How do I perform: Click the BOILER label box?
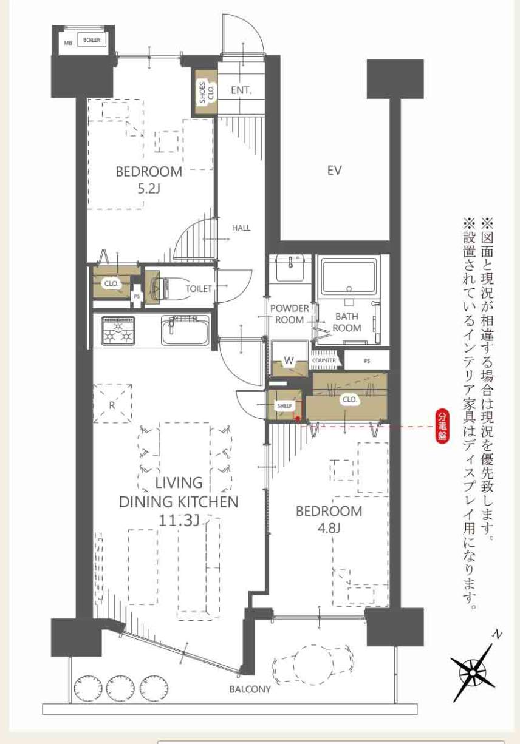pyautogui.click(x=92, y=40)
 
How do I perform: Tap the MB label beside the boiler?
pyautogui.click(x=68, y=42)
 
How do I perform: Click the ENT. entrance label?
pyautogui.click(x=241, y=90)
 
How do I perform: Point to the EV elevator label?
pyautogui.click(x=335, y=171)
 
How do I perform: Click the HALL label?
pyautogui.click(x=241, y=228)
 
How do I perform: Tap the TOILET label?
pyautogui.click(x=199, y=289)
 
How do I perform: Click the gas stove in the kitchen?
pyautogui.click(x=118, y=331)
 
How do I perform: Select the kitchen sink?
pyautogui.click(x=185, y=330)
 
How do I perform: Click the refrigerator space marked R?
pyautogui.click(x=112, y=403)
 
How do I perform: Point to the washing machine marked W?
pyautogui.click(x=289, y=360)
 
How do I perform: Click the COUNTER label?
pyautogui.click(x=324, y=360)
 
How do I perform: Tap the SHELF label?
pyautogui.click(x=285, y=405)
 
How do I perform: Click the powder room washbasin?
pyautogui.click(x=290, y=268)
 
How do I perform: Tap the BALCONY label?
pyautogui.click(x=250, y=689)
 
